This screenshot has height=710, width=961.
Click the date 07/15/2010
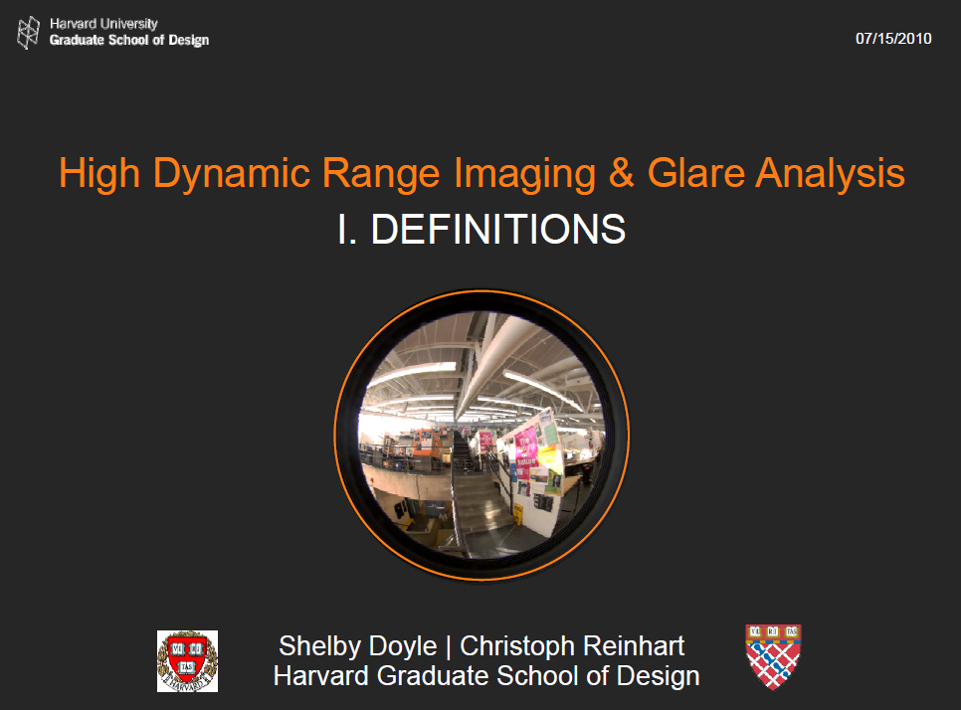click(x=893, y=39)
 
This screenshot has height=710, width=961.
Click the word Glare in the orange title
click(x=696, y=173)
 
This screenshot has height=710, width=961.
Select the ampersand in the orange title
click(x=622, y=173)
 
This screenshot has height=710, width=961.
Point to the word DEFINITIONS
click(x=498, y=229)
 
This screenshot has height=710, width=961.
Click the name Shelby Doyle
click(x=357, y=647)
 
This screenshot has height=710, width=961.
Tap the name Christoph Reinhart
click(x=572, y=646)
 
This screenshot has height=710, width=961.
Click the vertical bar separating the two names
click(x=448, y=647)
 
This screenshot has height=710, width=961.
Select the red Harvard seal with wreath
click(x=188, y=661)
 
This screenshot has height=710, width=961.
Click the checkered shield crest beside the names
click(x=773, y=656)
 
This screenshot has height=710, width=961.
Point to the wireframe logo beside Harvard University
click(x=28, y=33)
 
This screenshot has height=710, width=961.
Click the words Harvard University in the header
click(x=103, y=24)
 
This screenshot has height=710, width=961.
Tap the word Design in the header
click(x=188, y=41)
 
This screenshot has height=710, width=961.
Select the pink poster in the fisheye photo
click(x=526, y=452)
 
